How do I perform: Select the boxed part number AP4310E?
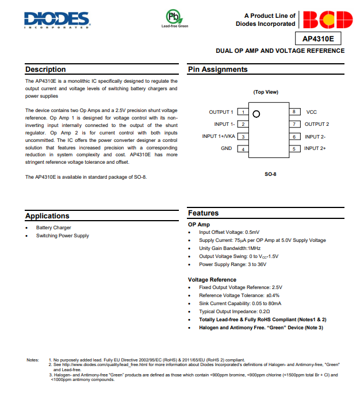pos(318,39)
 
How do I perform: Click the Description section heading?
pos(45,70)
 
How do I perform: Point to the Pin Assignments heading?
pos(218,70)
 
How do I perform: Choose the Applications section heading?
pos(48,216)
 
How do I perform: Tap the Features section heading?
pos(204,213)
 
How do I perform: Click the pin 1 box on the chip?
pos(243,112)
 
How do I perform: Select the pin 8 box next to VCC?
pos(294,112)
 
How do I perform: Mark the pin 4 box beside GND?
pos(243,149)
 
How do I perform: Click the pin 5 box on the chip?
pos(294,149)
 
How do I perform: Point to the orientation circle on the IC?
pos(256,114)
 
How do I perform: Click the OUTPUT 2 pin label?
pos(317,124)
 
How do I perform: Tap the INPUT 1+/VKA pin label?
pos(219,136)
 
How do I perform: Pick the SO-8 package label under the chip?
pos(270,174)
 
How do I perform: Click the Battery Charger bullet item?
pos(53,228)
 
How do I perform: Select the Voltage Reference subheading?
pos(212,280)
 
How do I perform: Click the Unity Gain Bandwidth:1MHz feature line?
pos(230,248)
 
